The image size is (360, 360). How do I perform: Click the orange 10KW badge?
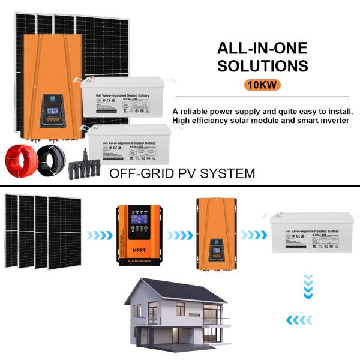tap(262, 85)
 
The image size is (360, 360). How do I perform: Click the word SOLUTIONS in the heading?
tap(263, 65)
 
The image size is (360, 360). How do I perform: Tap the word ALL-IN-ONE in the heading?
tap(263, 48)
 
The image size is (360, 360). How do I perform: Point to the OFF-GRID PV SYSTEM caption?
tap(182, 174)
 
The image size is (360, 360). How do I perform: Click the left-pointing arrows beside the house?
tap(298, 320)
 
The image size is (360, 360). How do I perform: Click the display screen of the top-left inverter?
tap(52, 112)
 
